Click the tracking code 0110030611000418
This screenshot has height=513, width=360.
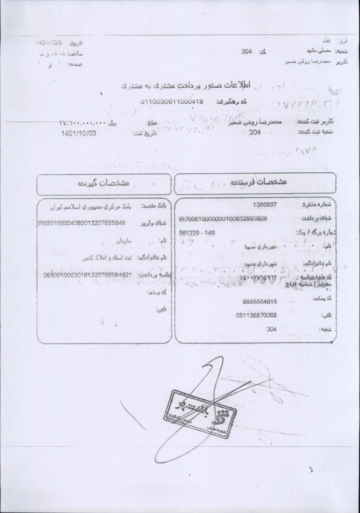click(x=171, y=102)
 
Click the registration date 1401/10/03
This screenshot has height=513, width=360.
click(x=77, y=134)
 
